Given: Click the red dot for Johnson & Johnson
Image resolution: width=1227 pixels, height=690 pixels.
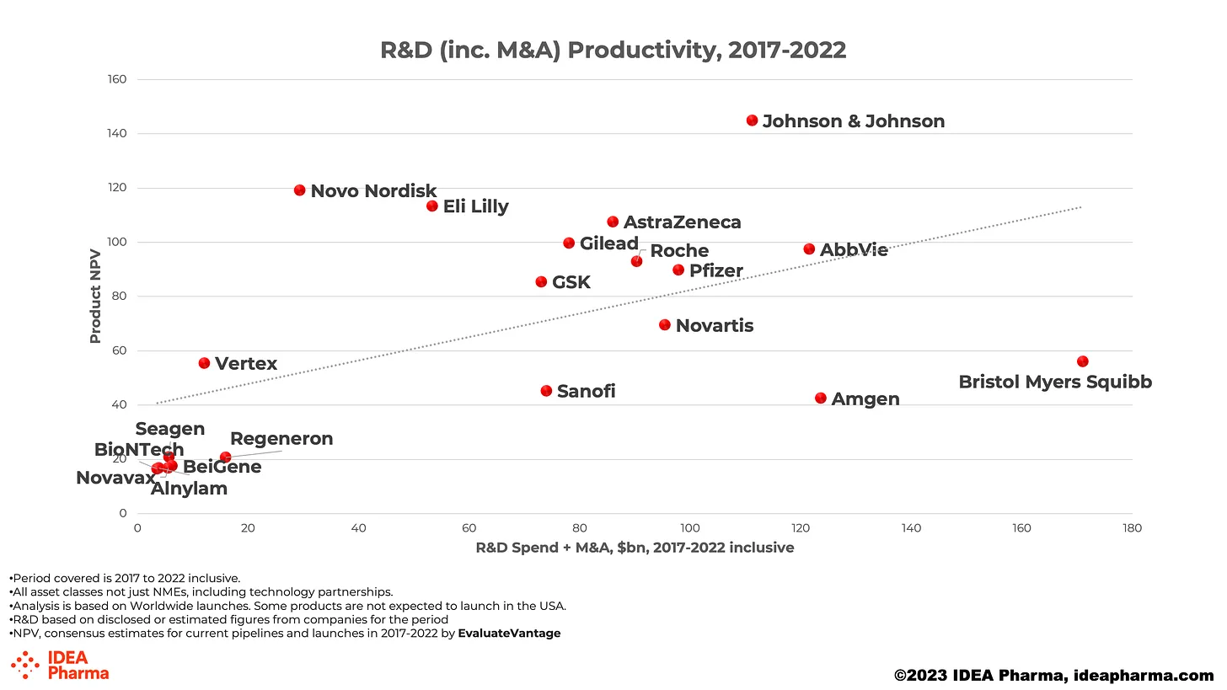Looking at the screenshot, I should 752,120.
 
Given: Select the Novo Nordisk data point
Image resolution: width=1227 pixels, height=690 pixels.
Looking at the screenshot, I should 299,190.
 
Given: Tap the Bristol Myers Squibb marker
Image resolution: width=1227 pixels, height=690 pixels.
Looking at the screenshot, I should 1082,361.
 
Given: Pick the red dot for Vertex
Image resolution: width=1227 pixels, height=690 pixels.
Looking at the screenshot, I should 204,363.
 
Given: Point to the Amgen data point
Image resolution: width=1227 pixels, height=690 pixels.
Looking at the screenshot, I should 821,398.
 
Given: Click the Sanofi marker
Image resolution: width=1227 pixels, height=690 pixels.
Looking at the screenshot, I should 546,391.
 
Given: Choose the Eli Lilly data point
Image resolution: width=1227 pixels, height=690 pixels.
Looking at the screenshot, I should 432,206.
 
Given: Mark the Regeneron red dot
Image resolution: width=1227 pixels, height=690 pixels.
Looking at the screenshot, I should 225,457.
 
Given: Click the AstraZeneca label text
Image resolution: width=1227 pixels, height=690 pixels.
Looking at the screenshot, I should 682,222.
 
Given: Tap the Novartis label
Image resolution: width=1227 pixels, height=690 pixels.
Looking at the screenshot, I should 714,325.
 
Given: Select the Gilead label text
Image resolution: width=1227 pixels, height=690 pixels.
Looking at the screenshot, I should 608,243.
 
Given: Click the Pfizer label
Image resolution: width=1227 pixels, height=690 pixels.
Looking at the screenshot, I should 715,271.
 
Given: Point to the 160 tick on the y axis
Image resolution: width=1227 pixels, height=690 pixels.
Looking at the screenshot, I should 116,80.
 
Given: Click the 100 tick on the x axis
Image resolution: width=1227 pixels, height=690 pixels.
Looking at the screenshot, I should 689,529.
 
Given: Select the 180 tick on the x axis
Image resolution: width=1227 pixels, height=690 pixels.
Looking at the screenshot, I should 1132,529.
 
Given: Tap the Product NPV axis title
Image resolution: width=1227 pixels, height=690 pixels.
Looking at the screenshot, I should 95,297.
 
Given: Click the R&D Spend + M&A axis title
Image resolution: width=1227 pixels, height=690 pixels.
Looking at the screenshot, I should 635,548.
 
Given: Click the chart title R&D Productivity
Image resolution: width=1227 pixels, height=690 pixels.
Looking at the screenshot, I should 613,50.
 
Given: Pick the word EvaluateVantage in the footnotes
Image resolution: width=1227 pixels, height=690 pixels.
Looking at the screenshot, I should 509,633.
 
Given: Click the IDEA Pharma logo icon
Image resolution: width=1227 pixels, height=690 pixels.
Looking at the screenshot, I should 25,665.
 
